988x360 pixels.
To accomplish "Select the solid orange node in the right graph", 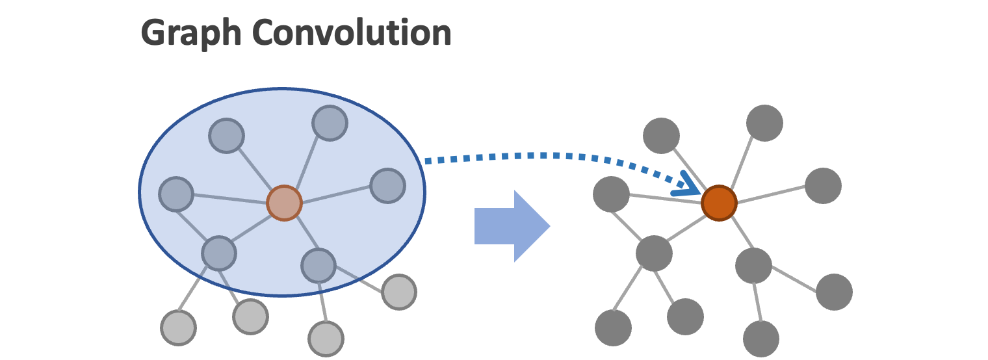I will (719, 203).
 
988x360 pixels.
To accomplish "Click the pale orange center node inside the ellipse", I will (284, 203).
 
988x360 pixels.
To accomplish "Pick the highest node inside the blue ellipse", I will (329, 122).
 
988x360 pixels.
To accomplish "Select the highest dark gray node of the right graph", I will (764, 122).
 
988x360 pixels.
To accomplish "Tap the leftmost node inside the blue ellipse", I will (176, 194).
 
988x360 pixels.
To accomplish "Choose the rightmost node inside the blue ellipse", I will (388, 185).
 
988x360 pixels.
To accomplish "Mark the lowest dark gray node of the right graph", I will (761, 339).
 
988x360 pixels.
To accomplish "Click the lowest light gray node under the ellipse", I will (326, 338).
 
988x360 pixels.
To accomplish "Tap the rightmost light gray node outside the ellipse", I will (398, 292).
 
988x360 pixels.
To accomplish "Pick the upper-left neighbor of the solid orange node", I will (661, 136).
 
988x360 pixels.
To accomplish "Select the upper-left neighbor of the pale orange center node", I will (226, 136).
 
